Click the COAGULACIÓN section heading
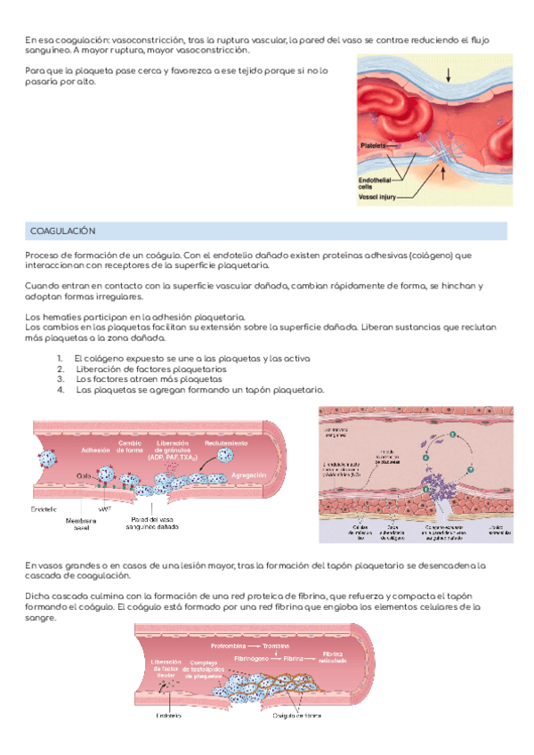tap(62, 231)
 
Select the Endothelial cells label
tap(377, 182)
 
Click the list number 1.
tap(60, 358)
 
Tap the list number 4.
tap(60, 390)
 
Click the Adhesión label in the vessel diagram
tap(94, 451)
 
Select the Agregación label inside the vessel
tap(249, 476)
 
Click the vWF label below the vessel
tap(105, 510)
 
